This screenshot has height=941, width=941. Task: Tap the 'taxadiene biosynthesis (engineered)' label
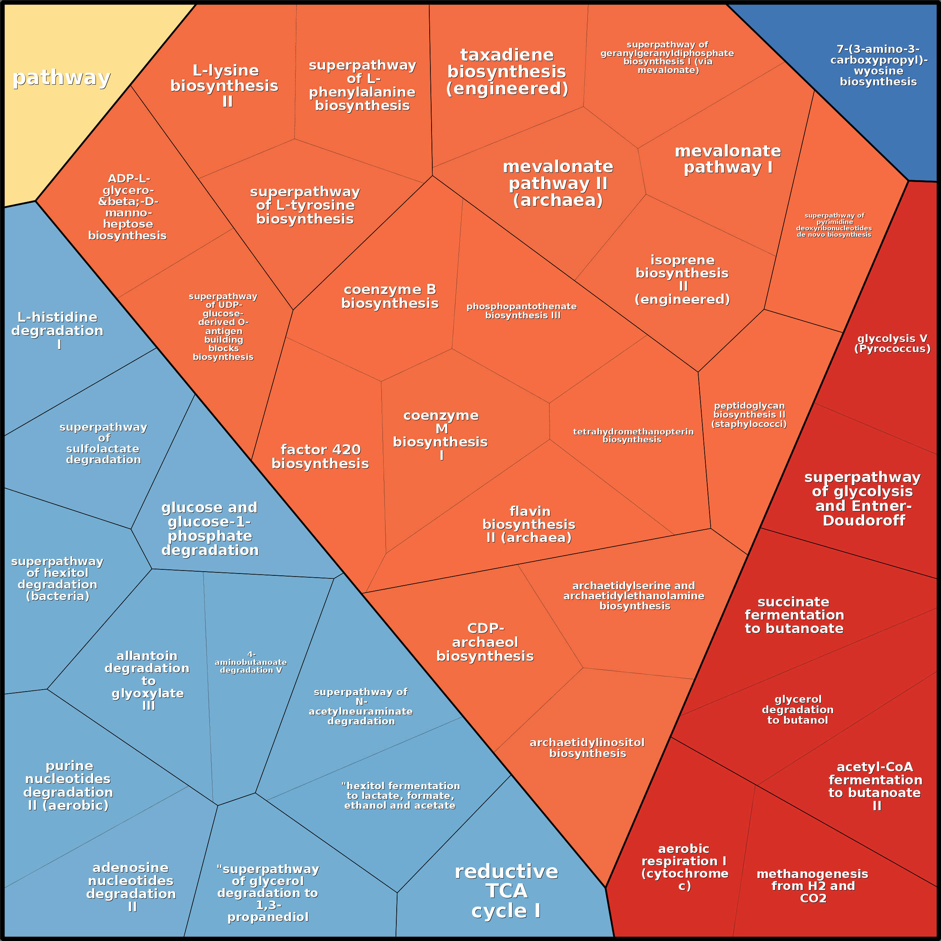(507, 72)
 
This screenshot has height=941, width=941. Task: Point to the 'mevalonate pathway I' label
(728, 159)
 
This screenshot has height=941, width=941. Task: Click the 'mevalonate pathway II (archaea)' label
(558, 183)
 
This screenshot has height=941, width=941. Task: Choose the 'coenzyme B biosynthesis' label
(390, 296)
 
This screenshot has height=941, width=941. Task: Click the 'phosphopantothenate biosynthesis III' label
(522, 311)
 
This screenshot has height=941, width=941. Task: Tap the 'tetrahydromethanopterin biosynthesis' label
(633, 435)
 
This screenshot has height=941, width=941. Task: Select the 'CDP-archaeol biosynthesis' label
(485, 642)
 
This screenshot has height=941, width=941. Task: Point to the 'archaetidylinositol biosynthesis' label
(587, 748)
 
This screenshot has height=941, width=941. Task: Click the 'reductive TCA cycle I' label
(506, 891)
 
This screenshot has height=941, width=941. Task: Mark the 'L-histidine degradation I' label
(57, 330)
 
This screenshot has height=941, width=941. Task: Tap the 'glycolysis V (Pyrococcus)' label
(892, 344)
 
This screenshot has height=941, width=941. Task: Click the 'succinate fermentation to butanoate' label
(794, 615)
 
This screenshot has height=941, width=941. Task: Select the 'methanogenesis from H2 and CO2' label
(813, 886)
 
